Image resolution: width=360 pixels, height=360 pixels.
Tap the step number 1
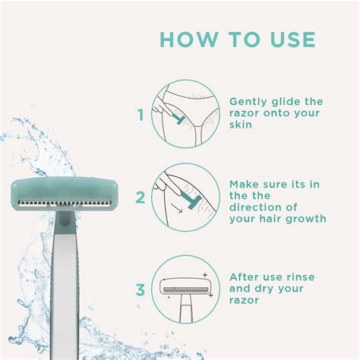tap(140, 116)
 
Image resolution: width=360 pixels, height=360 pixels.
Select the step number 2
tap(140, 199)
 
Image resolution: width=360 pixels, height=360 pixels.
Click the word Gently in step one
tap(248, 102)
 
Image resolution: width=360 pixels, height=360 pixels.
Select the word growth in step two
tap(305, 219)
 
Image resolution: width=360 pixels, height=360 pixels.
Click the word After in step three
tap(246, 276)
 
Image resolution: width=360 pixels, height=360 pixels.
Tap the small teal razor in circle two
tap(182, 203)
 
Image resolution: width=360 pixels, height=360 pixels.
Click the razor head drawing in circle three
tap(188, 288)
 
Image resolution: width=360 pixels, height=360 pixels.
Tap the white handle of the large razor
tap(66, 289)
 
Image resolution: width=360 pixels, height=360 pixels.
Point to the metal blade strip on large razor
tap(65, 204)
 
